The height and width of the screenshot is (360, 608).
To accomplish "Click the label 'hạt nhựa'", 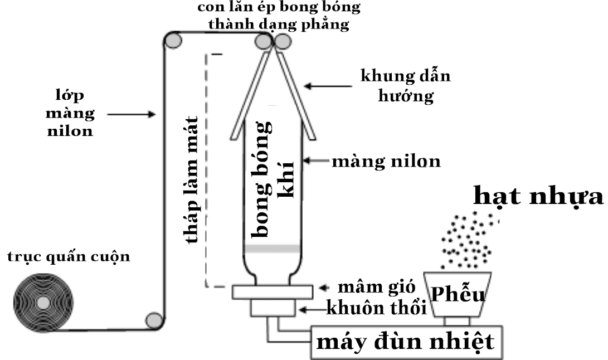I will click(538, 196).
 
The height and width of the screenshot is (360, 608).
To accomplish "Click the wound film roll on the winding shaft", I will click(42, 302).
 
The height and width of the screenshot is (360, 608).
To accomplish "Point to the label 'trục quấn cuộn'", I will click(69, 257).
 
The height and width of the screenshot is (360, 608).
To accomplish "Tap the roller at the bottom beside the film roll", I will click(152, 319).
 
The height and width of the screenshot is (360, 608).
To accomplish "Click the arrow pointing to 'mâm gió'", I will click(324, 288).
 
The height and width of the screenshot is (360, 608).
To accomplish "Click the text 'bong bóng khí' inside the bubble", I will click(273, 178).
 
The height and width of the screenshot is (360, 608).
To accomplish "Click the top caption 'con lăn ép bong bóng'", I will click(279, 8).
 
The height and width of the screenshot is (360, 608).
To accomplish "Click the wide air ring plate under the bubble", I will click(272, 291).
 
